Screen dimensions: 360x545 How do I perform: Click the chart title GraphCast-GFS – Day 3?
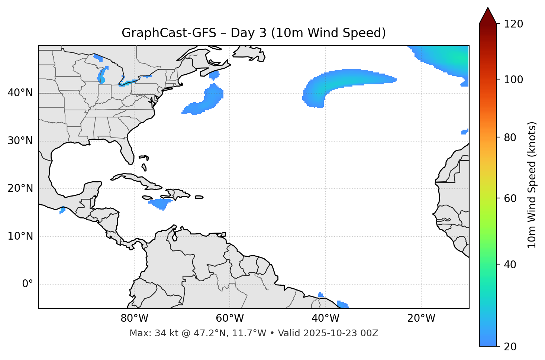[x=254, y=33]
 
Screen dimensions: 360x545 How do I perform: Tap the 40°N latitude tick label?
[x=20, y=93]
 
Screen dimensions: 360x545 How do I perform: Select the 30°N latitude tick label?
[x=20, y=141]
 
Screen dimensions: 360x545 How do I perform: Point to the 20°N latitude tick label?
[x=20, y=188]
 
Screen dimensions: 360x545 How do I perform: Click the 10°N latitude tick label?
[x=20, y=236]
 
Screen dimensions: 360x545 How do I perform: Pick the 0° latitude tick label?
[x=28, y=284]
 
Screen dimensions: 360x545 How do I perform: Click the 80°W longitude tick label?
[x=134, y=318]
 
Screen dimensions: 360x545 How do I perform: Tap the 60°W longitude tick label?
[x=230, y=318]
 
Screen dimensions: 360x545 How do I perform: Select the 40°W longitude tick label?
[x=326, y=318]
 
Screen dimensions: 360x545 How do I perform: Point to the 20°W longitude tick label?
[x=421, y=318]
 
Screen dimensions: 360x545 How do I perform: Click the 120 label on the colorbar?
[x=513, y=24]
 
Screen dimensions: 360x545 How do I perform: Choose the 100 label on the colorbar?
[x=513, y=80]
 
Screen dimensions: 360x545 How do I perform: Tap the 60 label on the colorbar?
[x=510, y=198]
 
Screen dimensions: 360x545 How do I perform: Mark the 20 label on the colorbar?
[x=510, y=347]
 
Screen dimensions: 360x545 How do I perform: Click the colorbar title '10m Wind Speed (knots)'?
[x=532, y=185]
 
